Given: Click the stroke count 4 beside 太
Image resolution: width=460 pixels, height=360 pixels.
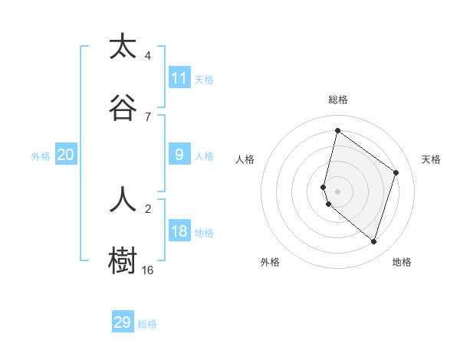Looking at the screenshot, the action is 148,56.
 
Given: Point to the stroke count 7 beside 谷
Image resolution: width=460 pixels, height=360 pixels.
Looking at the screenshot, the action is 148,117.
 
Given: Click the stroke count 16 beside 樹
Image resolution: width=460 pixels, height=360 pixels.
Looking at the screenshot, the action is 148,270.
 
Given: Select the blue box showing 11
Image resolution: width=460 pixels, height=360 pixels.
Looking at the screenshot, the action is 179,78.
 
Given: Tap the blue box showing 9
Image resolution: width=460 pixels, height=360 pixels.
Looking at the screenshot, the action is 179,155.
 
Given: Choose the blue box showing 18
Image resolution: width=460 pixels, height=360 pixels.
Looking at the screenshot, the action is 179,231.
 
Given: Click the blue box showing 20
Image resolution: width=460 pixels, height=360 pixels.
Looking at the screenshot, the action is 66,155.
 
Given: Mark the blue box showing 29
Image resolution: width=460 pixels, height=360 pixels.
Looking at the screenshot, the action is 123,322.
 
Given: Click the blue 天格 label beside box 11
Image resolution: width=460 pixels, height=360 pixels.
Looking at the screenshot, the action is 204,79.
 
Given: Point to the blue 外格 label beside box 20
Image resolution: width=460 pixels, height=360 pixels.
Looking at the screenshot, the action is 41,155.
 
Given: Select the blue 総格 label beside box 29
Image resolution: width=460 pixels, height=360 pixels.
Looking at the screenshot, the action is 147,324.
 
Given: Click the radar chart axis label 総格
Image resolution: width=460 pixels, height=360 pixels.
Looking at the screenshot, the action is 338,100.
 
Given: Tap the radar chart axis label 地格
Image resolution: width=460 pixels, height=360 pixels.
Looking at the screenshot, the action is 402,262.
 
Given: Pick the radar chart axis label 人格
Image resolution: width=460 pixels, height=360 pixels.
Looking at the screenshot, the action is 245,159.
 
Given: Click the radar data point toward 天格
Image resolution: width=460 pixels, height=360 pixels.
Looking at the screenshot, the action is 396,172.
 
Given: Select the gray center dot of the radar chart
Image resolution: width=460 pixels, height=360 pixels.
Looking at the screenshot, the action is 338,191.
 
